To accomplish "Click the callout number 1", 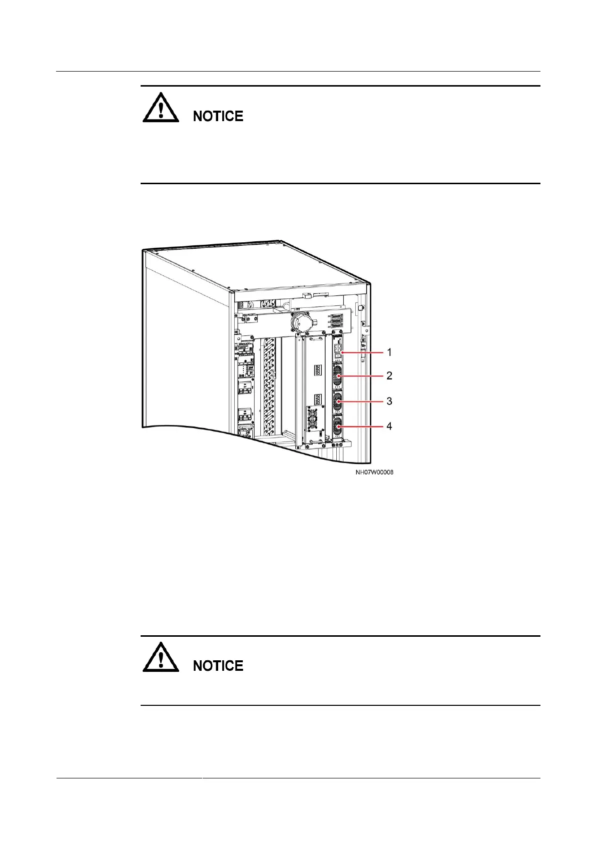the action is (389, 352).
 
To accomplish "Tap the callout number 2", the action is (389, 375).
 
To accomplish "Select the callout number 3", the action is (389, 401).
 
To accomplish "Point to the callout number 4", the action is (389, 426).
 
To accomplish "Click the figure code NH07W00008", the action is (374, 472).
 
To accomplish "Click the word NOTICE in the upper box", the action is (218, 116).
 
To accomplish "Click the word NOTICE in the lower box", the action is (218, 666).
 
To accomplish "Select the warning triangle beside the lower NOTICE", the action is (161, 658).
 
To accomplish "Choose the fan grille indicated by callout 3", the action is (337, 400).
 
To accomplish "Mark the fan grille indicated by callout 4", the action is (337, 427).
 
